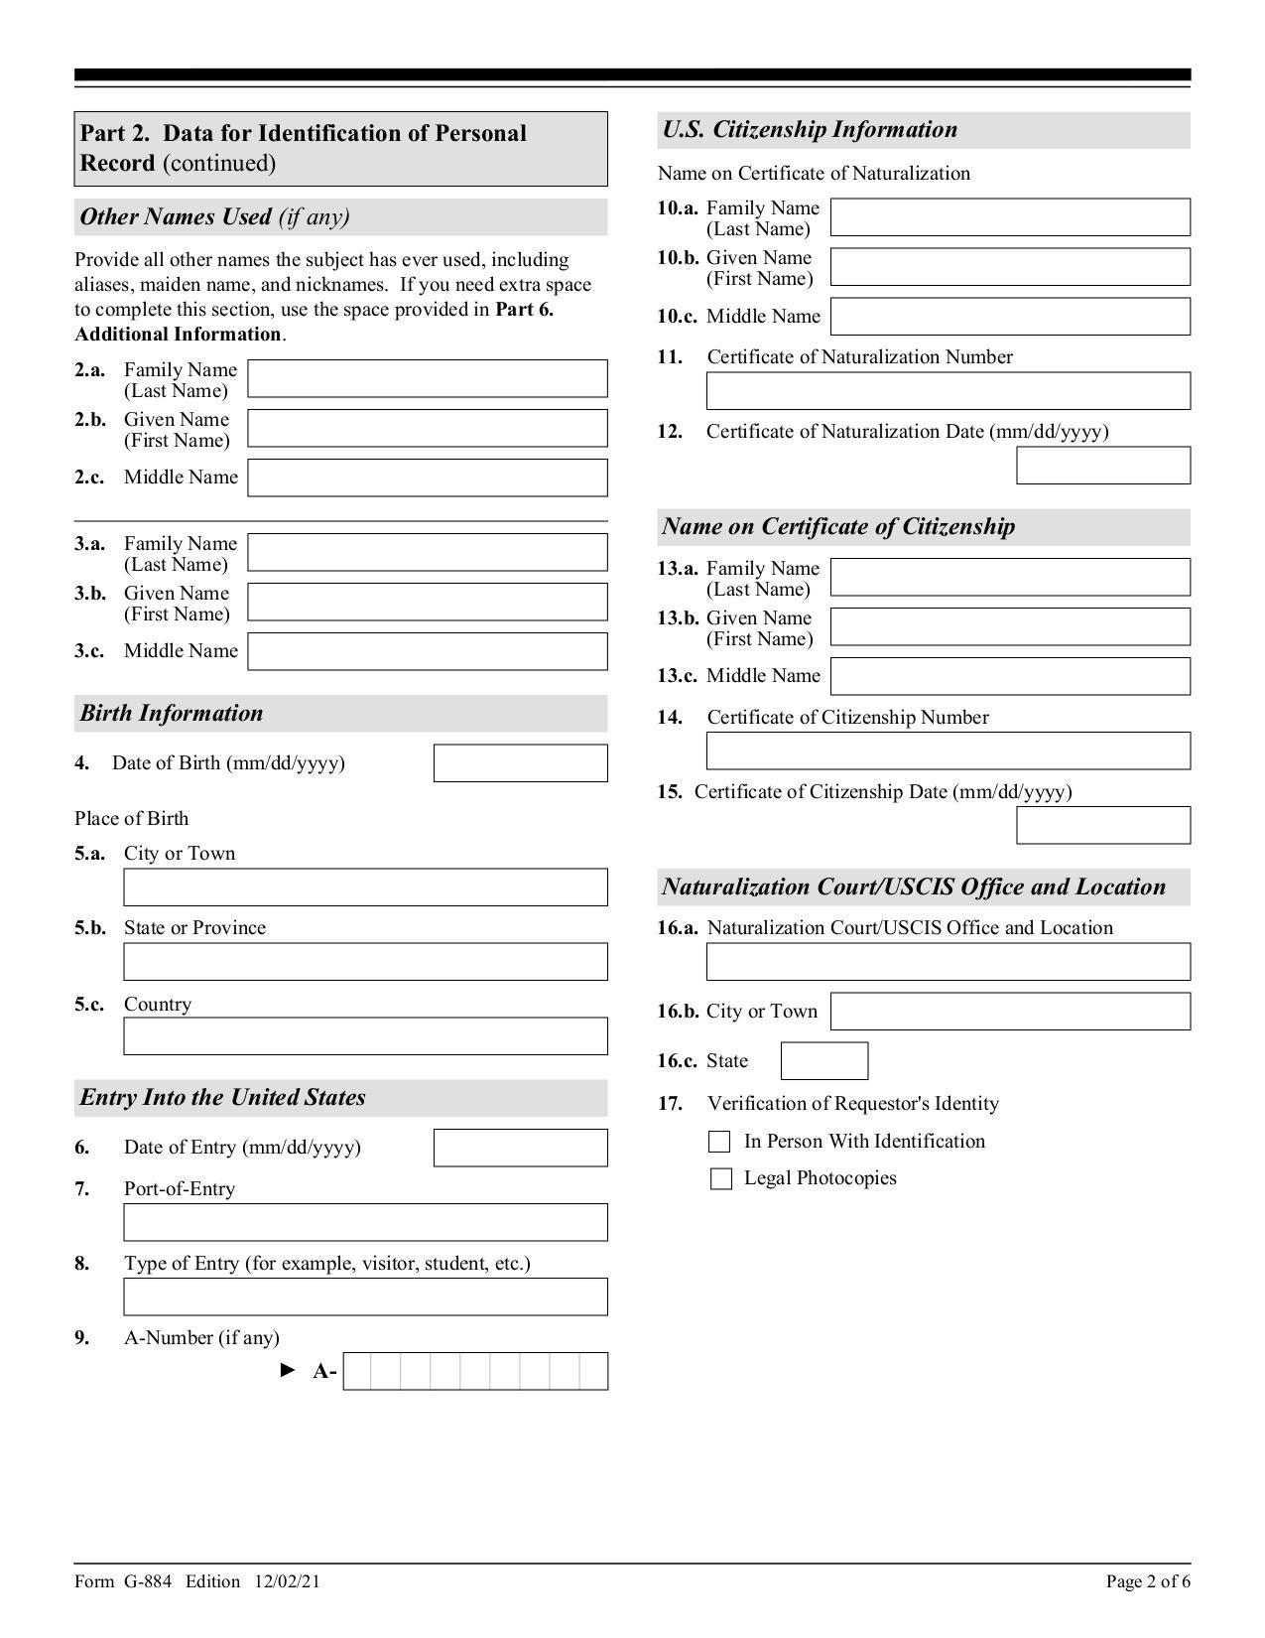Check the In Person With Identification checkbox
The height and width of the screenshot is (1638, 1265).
[720, 1142]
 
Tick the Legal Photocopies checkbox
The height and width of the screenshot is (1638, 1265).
[720, 1178]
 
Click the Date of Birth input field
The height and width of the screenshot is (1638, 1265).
[520, 763]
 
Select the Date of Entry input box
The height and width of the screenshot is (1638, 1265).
[520, 1148]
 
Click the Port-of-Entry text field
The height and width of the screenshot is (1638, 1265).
[365, 1222]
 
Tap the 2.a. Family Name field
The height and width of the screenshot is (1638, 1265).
[427, 378]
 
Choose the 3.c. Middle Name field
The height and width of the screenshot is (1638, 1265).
[427, 651]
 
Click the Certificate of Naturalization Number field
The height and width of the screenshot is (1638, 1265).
[948, 391]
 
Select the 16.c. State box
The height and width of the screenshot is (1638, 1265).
[823, 1060]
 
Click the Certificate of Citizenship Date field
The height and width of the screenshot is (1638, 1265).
[1102, 825]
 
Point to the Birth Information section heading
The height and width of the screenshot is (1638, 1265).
[172, 713]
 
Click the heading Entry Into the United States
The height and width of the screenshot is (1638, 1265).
[222, 1097]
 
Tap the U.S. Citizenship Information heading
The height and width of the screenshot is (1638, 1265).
[810, 129]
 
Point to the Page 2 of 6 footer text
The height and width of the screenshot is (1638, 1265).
[1148, 1581]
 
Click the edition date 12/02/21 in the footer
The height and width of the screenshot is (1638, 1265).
[287, 1581]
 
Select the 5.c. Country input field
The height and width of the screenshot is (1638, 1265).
[365, 1035]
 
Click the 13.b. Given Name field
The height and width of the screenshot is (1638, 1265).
[1009, 626]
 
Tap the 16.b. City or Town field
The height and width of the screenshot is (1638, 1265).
[1009, 1011]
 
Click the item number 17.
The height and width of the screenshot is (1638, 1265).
[670, 1103]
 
